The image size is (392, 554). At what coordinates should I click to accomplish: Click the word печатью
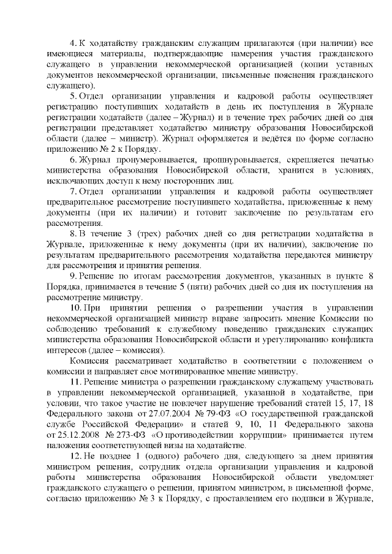click(x=351, y=159)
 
